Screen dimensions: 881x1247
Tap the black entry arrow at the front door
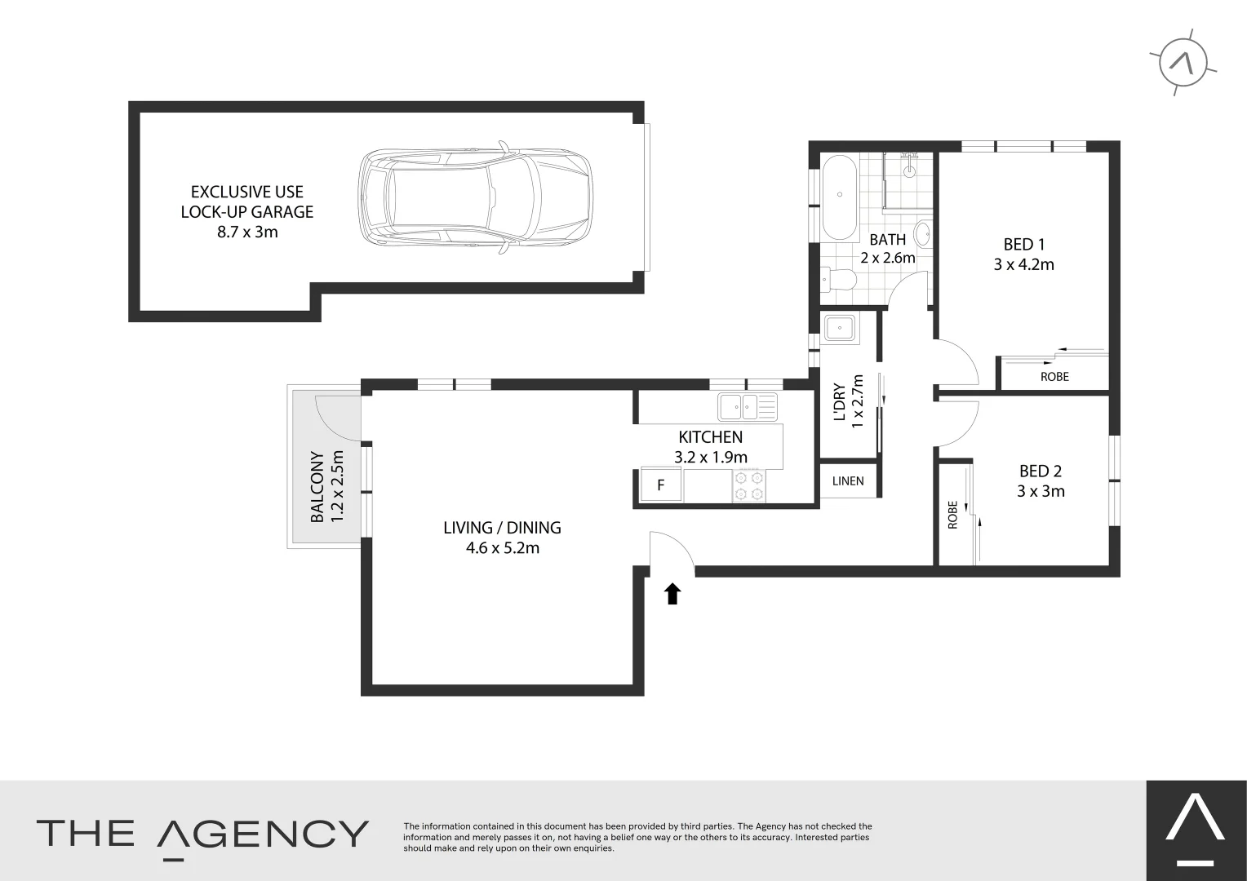pos(672,594)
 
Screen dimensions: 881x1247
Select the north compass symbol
pos(1183,62)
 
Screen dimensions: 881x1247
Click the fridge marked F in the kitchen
pos(660,485)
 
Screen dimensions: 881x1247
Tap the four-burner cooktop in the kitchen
pos(748,485)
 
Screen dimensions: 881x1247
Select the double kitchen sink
pos(748,405)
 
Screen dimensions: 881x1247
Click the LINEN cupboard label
pos(848,481)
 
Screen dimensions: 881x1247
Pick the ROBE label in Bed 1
pos(1054,377)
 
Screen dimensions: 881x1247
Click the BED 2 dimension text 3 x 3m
pos(1041,491)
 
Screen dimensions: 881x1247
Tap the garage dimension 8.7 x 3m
pos(247,232)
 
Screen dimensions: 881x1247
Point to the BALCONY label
pos(317,487)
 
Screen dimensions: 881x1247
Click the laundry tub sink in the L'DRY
pos(839,329)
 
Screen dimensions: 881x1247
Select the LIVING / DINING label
pos(502,528)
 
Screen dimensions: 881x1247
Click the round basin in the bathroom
pos(922,234)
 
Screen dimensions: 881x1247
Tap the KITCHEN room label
pos(710,437)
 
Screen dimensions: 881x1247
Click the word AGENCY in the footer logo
pos(263,834)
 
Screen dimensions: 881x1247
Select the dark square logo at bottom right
pos(1196,830)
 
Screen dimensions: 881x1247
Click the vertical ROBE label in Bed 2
pos(952,515)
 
